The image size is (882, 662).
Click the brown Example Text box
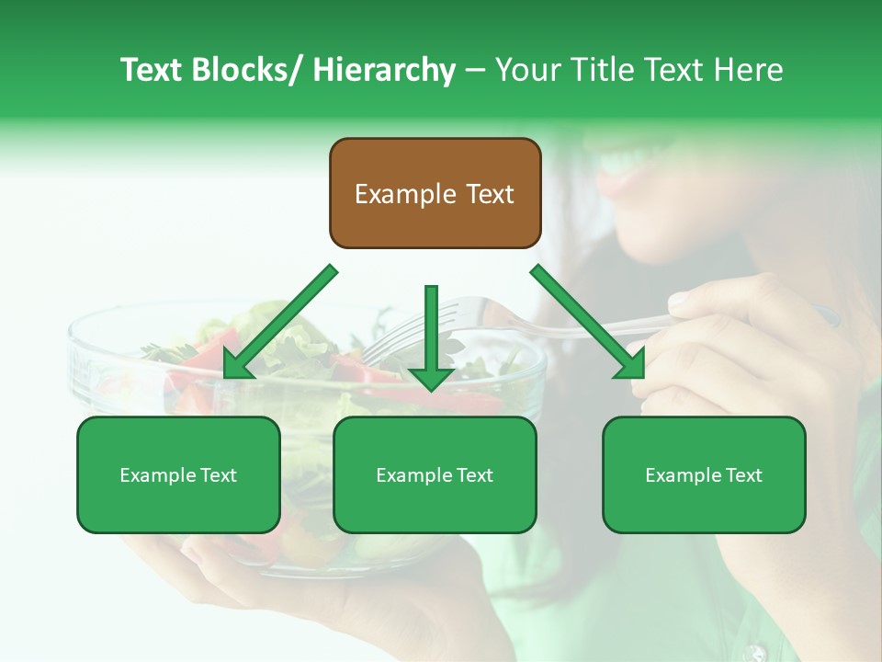(435, 193)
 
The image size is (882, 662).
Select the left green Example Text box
(178, 474)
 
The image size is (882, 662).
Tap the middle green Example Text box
(435, 474)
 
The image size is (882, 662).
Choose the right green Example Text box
(704, 474)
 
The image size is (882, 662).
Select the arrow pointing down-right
(588, 322)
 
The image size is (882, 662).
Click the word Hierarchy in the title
(384, 70)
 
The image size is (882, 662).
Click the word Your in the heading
(526, 70)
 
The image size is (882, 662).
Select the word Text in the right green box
(744, 474)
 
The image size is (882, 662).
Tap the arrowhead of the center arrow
(431, 377)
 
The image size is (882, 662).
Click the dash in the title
(475, 70)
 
